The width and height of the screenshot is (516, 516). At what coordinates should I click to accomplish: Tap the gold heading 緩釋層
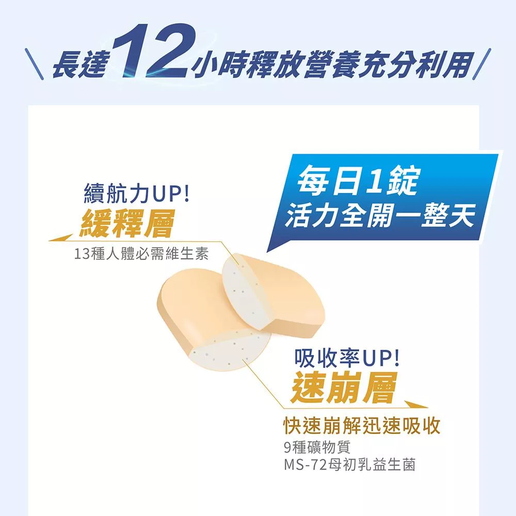127,223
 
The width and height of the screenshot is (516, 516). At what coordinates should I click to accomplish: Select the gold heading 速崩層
344,388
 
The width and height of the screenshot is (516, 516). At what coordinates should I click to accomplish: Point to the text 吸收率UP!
347,358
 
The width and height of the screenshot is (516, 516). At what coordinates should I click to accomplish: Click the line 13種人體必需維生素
141,254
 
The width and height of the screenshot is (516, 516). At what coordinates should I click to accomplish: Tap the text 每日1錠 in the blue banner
357,181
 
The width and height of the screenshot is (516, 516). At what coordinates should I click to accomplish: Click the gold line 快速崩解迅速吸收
362,426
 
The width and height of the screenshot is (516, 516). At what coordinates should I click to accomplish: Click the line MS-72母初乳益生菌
349,465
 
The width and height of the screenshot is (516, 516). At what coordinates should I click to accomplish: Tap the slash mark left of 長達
34,64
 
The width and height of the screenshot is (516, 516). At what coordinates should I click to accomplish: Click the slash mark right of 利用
482,64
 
